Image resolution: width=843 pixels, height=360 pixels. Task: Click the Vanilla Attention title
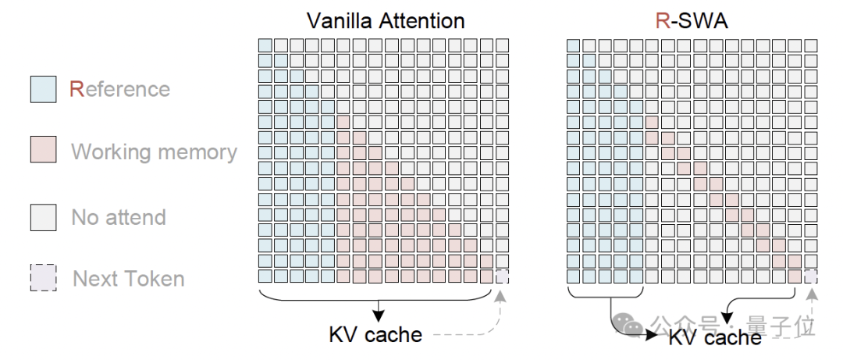coord(386,21)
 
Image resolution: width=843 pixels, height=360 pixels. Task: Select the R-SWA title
coord(692,21)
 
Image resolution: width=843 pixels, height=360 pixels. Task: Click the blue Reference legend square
coord(43,89)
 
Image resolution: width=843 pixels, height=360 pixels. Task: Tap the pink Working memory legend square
coord(43,150)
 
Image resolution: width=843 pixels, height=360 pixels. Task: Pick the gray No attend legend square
coord(43,217)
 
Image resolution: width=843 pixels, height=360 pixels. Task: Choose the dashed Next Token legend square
coord(43,278)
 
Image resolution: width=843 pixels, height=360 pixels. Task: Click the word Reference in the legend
coord(120,89)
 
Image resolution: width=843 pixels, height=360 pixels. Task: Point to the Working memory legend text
coord(155,152)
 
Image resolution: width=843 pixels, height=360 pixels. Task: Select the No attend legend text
coord(119,217)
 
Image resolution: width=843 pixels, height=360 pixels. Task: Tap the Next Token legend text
coord(129,279)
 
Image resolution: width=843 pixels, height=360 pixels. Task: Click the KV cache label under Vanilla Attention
coord(375,335)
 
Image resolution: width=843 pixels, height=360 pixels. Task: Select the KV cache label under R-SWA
coord(715,338)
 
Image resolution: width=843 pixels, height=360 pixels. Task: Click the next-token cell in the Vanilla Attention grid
coord(502,276)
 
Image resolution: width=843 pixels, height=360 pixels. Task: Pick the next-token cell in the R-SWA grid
coord(811,276)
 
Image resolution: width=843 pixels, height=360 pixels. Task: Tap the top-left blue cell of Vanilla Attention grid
coord(265,45)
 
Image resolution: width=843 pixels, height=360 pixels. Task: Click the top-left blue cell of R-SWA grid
coord(574,46)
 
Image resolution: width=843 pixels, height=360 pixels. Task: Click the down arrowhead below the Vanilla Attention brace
coord(379,317)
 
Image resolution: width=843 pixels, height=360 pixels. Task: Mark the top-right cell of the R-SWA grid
coord(811,46)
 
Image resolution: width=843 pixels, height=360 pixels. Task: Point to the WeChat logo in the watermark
coord(628,324)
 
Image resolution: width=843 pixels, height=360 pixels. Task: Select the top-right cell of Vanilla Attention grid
coord(502,45)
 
